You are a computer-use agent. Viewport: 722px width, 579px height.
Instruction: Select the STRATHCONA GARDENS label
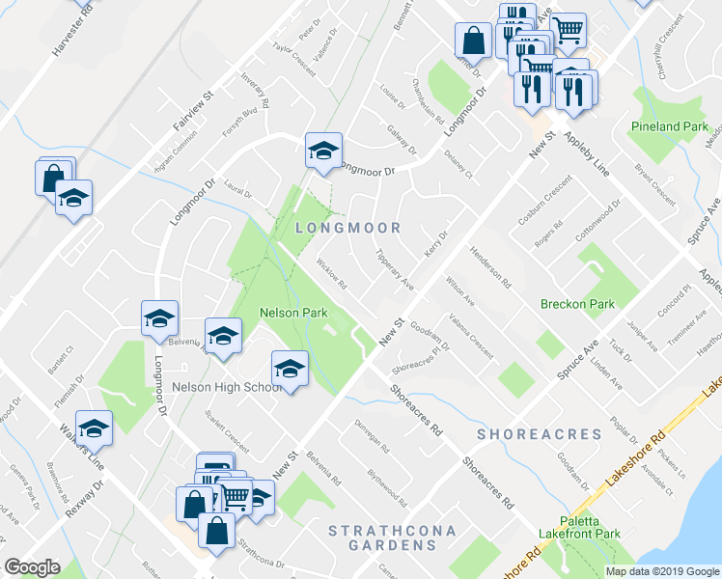coord(381,538)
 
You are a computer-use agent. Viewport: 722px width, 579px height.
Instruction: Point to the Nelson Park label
coord(293,313)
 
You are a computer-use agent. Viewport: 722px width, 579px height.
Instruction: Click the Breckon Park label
coord(577,304)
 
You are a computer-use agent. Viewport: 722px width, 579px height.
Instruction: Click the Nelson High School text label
coord(227,387)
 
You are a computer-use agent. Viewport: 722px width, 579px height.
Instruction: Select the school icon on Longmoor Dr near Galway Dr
coord(323,150)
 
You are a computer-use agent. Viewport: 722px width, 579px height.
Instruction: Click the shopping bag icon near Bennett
coord(474,41)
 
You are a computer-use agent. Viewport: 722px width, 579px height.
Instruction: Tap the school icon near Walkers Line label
coord(94,427)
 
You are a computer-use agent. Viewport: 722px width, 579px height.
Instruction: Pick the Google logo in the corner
coord(32,567)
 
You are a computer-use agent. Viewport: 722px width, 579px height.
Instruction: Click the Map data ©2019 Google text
coord(662,570)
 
